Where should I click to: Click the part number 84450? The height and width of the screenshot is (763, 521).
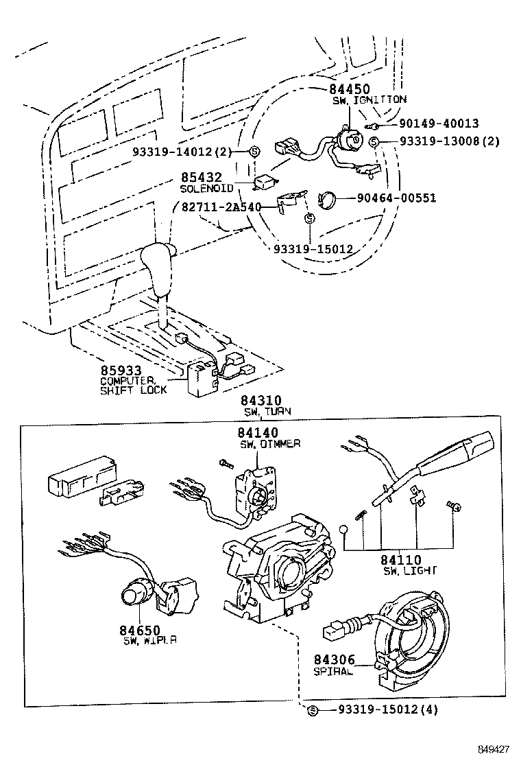coord(350,89)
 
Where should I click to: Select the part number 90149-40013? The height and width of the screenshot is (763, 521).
coord(438,124)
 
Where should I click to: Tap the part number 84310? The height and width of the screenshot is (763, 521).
coord(261,401)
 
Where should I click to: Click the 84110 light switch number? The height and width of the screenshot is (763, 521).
coord(402,561)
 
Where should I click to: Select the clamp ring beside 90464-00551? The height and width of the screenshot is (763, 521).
coord(329,200)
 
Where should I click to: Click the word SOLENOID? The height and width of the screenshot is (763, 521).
coord(206,188)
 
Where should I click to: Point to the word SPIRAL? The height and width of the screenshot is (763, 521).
coord(333,670)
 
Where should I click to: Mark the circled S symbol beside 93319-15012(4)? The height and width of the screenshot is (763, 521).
coord(313,710)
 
